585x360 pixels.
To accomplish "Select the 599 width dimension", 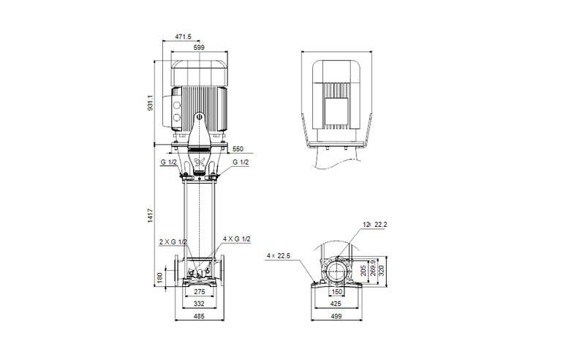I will tap(199, 48).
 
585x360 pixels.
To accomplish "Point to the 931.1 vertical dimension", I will tap(149, 103).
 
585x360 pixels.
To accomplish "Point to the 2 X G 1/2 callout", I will tap(172, 241).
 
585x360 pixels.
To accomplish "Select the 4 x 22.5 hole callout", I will tap(279, 255).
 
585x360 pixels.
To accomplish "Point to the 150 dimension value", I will tap(336, 292).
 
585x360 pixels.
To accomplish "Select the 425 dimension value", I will tap(337, 303).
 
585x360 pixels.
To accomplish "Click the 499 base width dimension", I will tap(337, 318).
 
